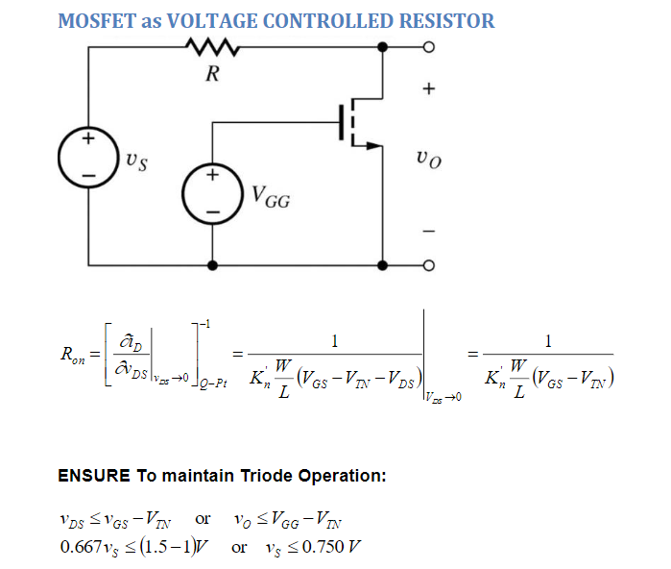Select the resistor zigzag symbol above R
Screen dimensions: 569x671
[212, 46]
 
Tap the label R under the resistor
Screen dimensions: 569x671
[212, 75]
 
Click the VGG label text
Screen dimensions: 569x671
[271, 200]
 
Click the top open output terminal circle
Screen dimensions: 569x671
[429, 46]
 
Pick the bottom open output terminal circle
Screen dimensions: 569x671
[429, 265]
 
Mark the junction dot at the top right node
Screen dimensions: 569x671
[383, 46]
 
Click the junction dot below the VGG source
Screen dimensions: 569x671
[212, 265]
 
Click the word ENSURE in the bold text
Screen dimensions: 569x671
[91, 475]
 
